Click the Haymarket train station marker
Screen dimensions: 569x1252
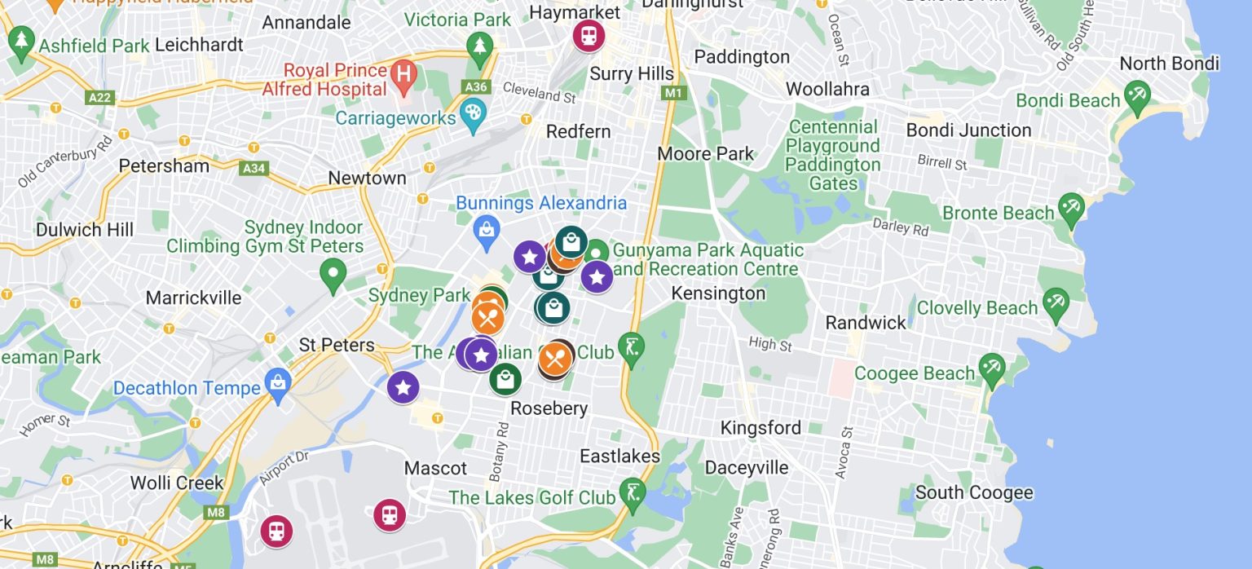click(x=588, y=35)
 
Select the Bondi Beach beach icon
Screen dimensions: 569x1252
click(x=1136, y=97)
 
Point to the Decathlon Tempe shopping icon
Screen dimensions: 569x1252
click(x=279, y=385)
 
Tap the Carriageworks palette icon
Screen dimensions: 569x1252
click(x=473, y=117)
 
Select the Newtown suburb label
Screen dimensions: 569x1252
click(x=367, y=178)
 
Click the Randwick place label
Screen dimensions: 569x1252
click(x=866, y=323)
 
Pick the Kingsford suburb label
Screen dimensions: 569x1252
click(x=760, y=428)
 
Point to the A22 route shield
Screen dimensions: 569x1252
click(x=99, y=98)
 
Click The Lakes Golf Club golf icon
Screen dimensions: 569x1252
click(x=633, y=492)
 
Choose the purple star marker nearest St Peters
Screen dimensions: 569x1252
click(x=403, y=388)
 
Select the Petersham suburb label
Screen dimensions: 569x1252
click(x=164, y=166)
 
